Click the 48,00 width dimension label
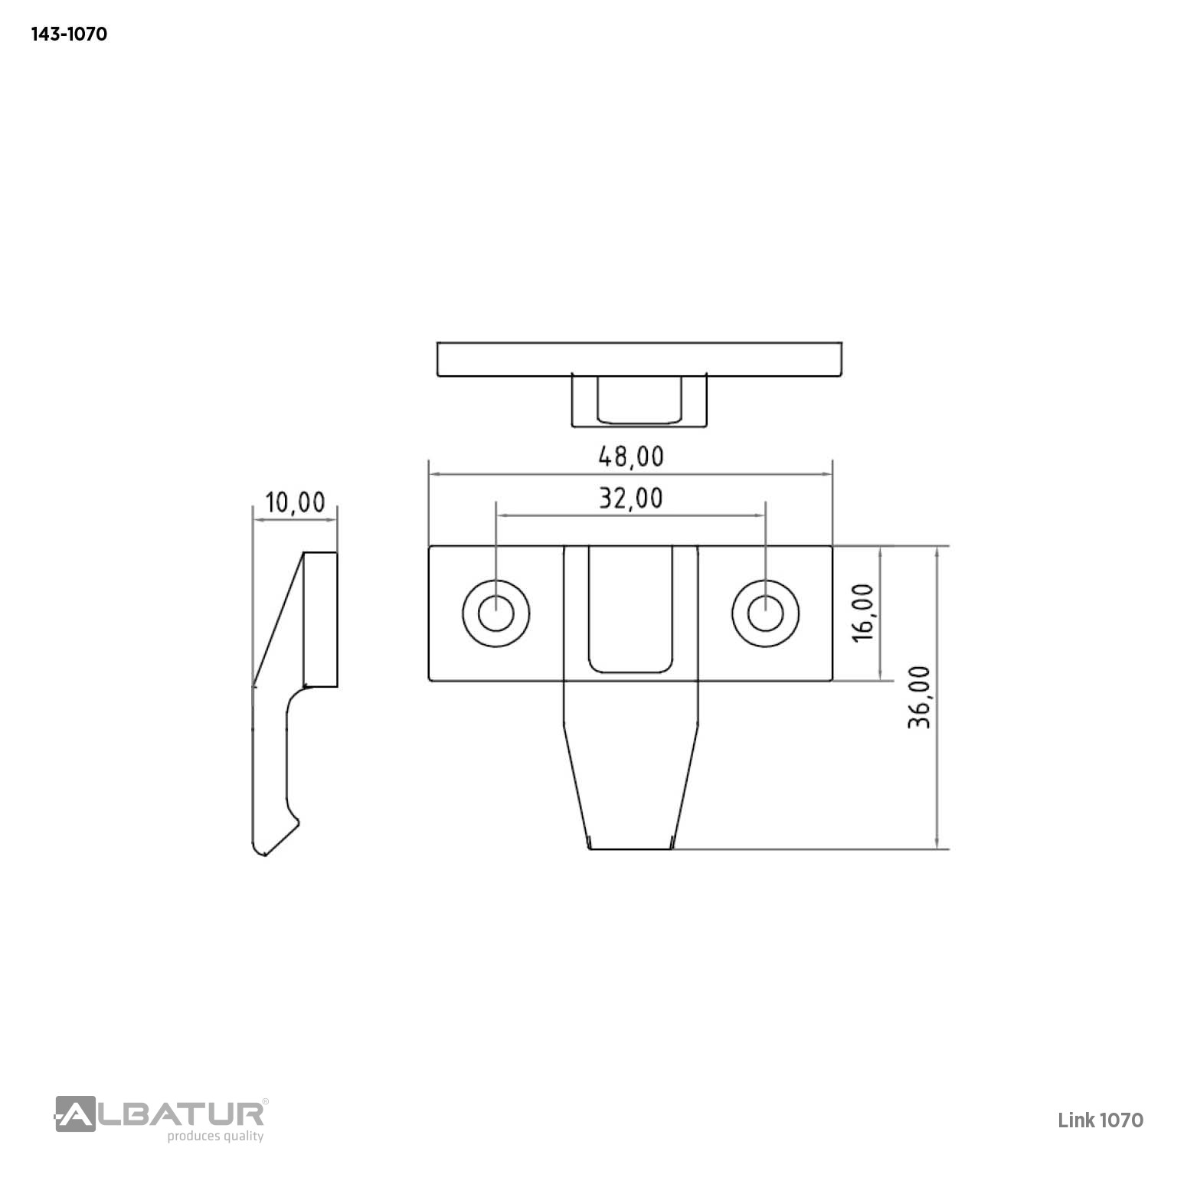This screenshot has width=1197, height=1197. (x=630, y=456)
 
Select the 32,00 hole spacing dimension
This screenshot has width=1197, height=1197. (x=630, y=499)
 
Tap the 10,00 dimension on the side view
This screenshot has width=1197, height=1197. (x=295, y=502)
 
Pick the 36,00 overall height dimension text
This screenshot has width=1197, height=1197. (x=919, y=696)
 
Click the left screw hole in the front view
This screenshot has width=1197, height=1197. (x=496, y=613)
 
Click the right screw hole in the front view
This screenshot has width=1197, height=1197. (x=765, y=613)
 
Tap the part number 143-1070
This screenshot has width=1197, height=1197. (x=69, y=34)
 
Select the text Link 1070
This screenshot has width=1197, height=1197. (x=1101, y=1120)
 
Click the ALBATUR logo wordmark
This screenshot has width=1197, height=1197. (x=160, y=1114)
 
